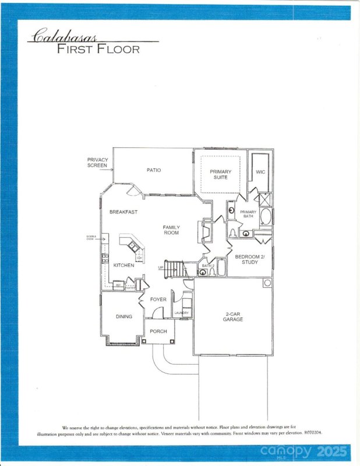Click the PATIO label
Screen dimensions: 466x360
coord(153,170)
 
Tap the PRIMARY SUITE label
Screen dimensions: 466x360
coord(220,175)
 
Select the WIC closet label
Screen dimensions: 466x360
coord(260,172)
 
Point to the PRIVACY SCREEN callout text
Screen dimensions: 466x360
coord(97,163)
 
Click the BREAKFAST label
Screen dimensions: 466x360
coord(123,212)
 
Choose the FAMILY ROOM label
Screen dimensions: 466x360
coord(171,230)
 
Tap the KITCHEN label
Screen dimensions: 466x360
coord(123,265)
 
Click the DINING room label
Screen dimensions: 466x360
coord(123,317)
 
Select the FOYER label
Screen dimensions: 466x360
coord(158,299)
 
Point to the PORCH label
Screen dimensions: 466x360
coord(158,331)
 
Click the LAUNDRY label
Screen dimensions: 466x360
coord(182,313)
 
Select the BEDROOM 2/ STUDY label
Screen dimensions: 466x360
coord(249,259)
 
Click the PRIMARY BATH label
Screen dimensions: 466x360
coord(248,214)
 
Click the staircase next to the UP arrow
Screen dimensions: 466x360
coord(175,269)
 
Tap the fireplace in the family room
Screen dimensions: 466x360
coord(204,231)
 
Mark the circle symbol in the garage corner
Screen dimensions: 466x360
coord(267,283)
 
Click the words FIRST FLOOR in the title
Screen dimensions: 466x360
coord(98,50)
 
